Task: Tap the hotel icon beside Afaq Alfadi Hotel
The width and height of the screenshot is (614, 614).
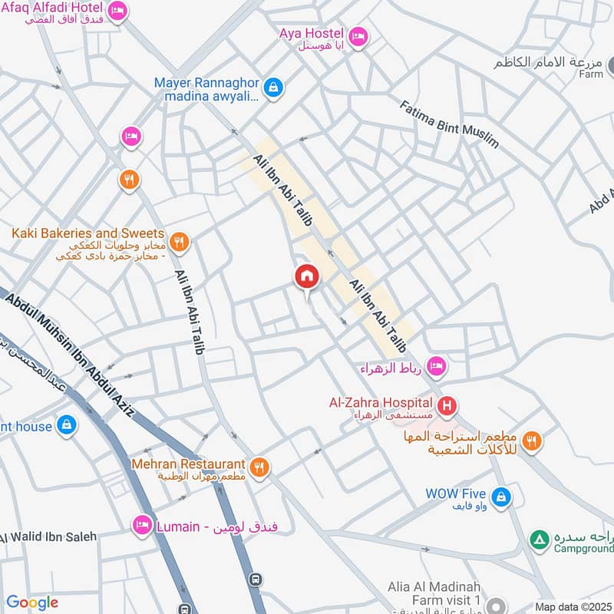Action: (x=117, y=11)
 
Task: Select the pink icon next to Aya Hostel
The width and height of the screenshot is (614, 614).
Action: (x=358, y=36)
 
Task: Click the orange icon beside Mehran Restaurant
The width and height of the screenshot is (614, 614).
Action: (x=260, y=467)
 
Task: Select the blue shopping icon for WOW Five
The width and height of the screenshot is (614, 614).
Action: (x=501, y=497)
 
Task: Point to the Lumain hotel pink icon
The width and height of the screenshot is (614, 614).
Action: (x=142, y=526)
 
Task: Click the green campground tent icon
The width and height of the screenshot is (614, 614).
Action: (x=540, y=540)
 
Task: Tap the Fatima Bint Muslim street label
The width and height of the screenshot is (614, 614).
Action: (x=449, y=123)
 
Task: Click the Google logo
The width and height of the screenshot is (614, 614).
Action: (x=31, y=602)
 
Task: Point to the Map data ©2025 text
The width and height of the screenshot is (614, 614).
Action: (x=573, y=606)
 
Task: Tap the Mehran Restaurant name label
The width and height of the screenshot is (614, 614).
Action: (x=188, y=464)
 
